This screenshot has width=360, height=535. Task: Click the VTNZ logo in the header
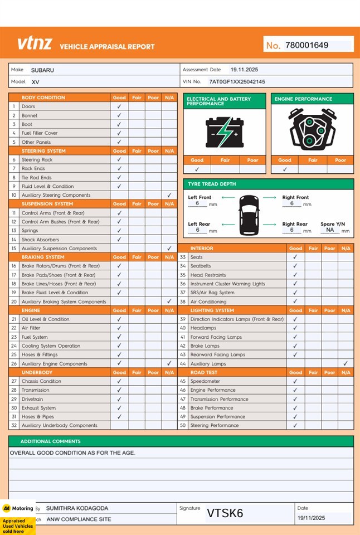click(x=34, y=44)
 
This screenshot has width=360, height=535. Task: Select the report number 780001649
click(x=307, y=45)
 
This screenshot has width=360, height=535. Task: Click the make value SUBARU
click(x=42, y=70)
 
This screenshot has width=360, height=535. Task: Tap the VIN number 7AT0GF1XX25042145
click(x=237, y=81)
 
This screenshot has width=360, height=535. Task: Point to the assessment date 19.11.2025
click(x=244, y=70)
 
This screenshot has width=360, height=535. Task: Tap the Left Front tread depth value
click(x=197, y=204)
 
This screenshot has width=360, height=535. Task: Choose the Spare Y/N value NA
click(x=330, y=230)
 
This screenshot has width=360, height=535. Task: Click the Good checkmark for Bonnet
click(x=119, y=115)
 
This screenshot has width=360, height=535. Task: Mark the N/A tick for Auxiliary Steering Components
click(x=169, y=195)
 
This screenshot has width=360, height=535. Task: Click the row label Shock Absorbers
click(x=40, y=240)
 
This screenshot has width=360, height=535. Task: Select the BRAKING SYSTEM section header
click(x=43, y=257)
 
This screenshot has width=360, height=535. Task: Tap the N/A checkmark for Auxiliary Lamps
click(x=346, y=363)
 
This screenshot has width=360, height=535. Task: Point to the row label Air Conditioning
click(x=208, y=301)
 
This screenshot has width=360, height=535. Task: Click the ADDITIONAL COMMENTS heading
click(x=51, y=441)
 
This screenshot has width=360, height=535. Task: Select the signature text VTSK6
click(x=225, y=513)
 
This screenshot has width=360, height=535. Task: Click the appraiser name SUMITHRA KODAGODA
click(x=77, y=508)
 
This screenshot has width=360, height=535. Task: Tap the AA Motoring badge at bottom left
click(x=18, y=508)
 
